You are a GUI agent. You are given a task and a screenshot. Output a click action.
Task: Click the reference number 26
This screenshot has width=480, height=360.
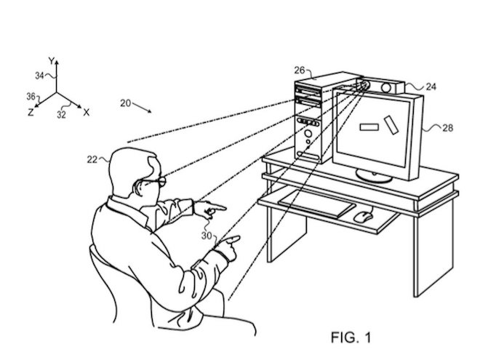click(x=300, y=71)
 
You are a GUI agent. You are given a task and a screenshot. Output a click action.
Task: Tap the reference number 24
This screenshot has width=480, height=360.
click(x=431, y=87)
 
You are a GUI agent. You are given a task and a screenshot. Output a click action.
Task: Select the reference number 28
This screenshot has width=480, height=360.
click(x=447, y=128)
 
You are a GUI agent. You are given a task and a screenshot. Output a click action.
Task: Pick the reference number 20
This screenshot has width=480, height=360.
click(x=125, y=103)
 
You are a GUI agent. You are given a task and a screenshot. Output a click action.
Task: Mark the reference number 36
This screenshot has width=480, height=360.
click(x=31, y=96)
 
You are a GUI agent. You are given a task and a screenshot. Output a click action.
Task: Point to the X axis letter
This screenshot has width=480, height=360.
click(x=86, y=112)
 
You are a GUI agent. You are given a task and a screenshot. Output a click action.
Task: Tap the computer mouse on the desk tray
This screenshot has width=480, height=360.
click(x=362, y=215)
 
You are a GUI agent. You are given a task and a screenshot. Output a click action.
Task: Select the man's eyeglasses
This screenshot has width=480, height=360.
click(x=159, y=178)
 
